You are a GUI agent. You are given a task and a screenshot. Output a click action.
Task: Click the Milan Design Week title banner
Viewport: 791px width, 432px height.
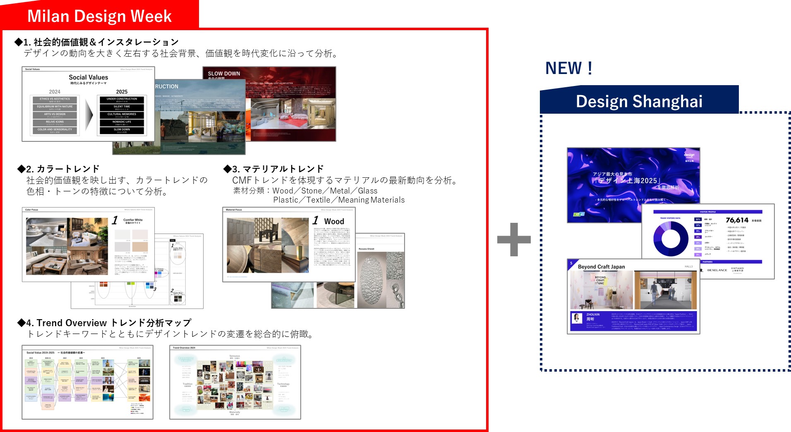pyautogui.click(x=99, y=16)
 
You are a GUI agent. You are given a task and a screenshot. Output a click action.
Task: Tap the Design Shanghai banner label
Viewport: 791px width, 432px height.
pyautogui.click(x=639, y=101)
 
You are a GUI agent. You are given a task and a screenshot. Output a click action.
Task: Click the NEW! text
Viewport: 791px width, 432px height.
pyautogui.click(x=569, y=68)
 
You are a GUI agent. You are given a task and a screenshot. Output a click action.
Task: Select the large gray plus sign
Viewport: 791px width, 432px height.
pyautogui.click(x=514, y=239)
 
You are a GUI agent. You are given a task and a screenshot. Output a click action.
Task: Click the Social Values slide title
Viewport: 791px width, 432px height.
pyautogui.click(x=88, y=77)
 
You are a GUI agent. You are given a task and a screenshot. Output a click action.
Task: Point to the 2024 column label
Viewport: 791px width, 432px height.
pyautogui.click(x=55, y=92)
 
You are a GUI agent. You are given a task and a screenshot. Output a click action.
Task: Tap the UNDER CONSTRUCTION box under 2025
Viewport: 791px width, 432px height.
pyautogui.click(x=122, y=100)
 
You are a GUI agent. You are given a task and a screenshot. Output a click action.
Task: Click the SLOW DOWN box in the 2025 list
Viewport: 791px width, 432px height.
pyautogui.click(x=122, y=130)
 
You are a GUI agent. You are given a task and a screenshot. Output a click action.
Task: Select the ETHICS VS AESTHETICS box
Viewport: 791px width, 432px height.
pyautogui.click(x=55, y=100)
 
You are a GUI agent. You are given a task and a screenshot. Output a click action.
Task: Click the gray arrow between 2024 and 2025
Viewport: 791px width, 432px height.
pyautogui.click(x=89, y=115)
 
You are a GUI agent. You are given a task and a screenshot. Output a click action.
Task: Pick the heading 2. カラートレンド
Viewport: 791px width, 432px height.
pyautogui.click(x=58, y=169)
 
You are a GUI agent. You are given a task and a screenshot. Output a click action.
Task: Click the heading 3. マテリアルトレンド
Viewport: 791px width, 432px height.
pyautogui.click(x=273, y=169)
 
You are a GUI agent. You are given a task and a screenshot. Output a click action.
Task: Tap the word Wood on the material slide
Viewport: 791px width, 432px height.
pyautogui.click(x=334, y=222)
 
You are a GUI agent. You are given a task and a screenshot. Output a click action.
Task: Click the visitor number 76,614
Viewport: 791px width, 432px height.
pyautogui.click(x=737, y=220)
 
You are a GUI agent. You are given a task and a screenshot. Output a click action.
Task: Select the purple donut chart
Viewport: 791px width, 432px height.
pyautogui.click(x=670, y=239)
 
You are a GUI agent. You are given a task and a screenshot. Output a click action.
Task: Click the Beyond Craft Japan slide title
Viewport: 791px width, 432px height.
pyautogui.click(x=601, y=267)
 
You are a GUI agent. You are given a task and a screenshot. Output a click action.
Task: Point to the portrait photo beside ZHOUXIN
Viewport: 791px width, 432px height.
pyautogui.click(x=577, y=318)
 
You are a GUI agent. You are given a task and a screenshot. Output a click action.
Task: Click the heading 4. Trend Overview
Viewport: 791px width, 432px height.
pyautogui.click(x=104, y=323)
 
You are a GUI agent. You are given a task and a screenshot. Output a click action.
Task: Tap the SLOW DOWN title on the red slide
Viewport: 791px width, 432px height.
pyautogui.click(x=224, y=74)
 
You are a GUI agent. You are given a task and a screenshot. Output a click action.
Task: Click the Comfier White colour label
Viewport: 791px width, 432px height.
pyautogui.click(x=133, y=220)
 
